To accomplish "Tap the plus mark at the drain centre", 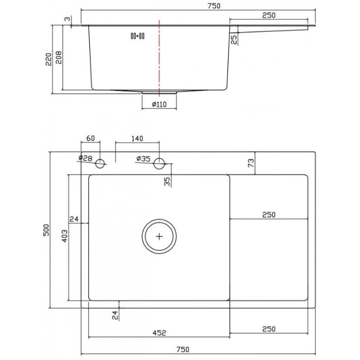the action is [x=159, y=237].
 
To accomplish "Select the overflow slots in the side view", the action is [x=138, y=36].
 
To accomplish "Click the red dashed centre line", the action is [x=159, y=58].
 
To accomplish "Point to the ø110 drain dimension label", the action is [x=159, y=104].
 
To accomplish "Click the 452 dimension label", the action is [x=159, y=333].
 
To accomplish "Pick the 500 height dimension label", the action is [x=46, y=230].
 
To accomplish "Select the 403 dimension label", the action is [x=65, y=236].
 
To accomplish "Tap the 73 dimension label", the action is [x=251, y=163].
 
